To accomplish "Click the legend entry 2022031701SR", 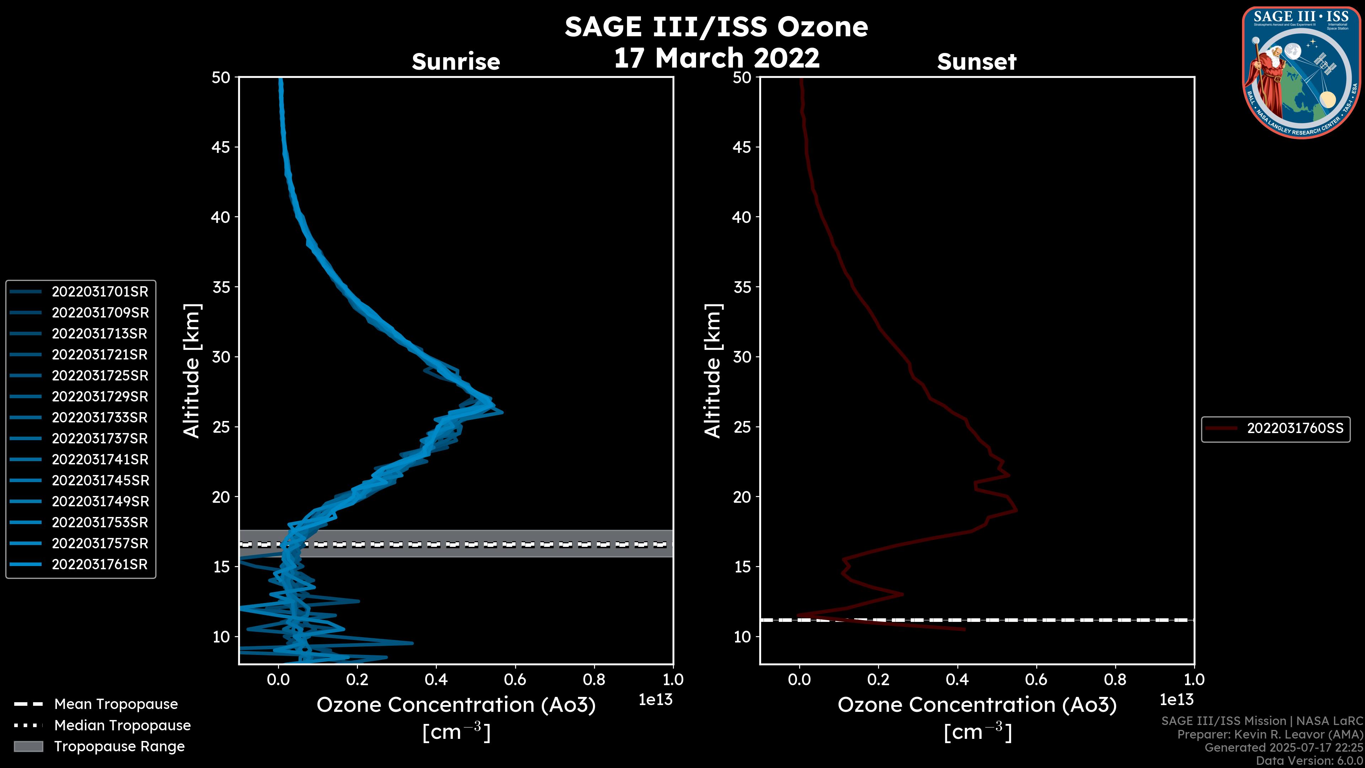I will tap(100, 292).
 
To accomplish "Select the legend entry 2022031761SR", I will tap(100, 565).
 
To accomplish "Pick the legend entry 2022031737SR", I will tap(100, 438).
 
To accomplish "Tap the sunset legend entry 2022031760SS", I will tap(1295, 428).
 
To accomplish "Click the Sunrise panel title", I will tap(456, 62).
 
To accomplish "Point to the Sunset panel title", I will tap(976, 62).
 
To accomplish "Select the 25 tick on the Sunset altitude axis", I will tap(742, 427).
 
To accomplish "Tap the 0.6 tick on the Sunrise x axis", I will tap(515, 679).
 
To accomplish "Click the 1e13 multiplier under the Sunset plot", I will tap(1176, 700).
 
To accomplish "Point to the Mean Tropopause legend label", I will tap(116, 704).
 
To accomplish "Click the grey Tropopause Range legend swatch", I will tap(28, 746).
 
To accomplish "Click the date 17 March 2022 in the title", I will tap(716, 58).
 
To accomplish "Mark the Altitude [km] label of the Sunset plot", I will tap(713, 371).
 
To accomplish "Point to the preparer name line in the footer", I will tap(1270, 734).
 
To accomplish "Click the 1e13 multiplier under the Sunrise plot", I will tap(655, 700).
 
